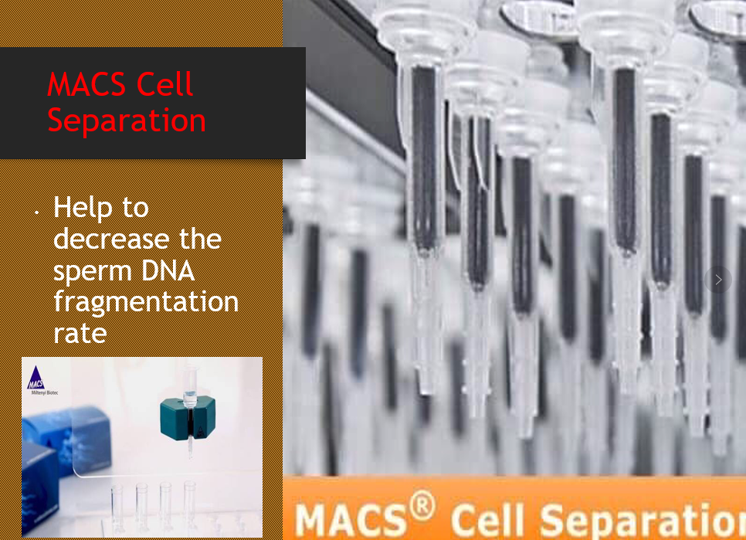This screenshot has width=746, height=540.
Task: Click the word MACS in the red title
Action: point(86,84)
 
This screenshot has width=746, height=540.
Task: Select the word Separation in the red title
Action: point(127,120)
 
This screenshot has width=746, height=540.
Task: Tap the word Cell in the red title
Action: point(164,84)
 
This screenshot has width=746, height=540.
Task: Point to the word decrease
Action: point(111,239)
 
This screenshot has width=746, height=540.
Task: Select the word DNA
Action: point(168,270)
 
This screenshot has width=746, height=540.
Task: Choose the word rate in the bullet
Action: point(80,334)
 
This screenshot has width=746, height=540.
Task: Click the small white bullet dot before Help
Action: point(36,212)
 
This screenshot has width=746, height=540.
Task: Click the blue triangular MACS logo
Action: point(36,378)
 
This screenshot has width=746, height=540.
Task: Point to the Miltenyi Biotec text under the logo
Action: point(45,393)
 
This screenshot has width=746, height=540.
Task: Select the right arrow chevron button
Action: point(718,280)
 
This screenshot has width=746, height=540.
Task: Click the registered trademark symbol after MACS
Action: point(422,506)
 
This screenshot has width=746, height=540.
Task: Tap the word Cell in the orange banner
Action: point(487,521)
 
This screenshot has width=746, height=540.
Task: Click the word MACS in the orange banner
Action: point(351,521)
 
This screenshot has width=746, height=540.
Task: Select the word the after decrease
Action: point(200,239)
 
